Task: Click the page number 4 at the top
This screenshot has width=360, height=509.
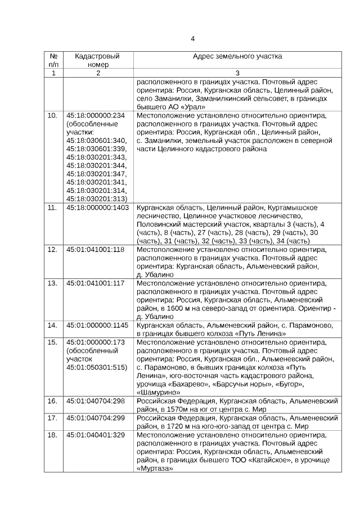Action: (x=192, y=39)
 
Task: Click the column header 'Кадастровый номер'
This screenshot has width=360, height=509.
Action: (x=93, y=61)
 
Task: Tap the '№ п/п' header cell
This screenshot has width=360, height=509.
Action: (x=53, y=61)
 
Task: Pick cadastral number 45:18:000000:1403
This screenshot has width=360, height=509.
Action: (x=97, y=208)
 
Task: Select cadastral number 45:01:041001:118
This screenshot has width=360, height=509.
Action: (x=95, y=249)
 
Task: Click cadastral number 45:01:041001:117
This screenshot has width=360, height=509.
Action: (x=95, y=283)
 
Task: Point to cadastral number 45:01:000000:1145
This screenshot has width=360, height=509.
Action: (x=97, y=325)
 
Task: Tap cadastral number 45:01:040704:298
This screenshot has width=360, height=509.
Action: (x=95, y=401)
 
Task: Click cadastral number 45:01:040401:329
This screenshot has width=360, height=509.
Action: (x=95, y=435)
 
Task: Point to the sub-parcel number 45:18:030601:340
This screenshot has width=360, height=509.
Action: (x=96, y=140)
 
